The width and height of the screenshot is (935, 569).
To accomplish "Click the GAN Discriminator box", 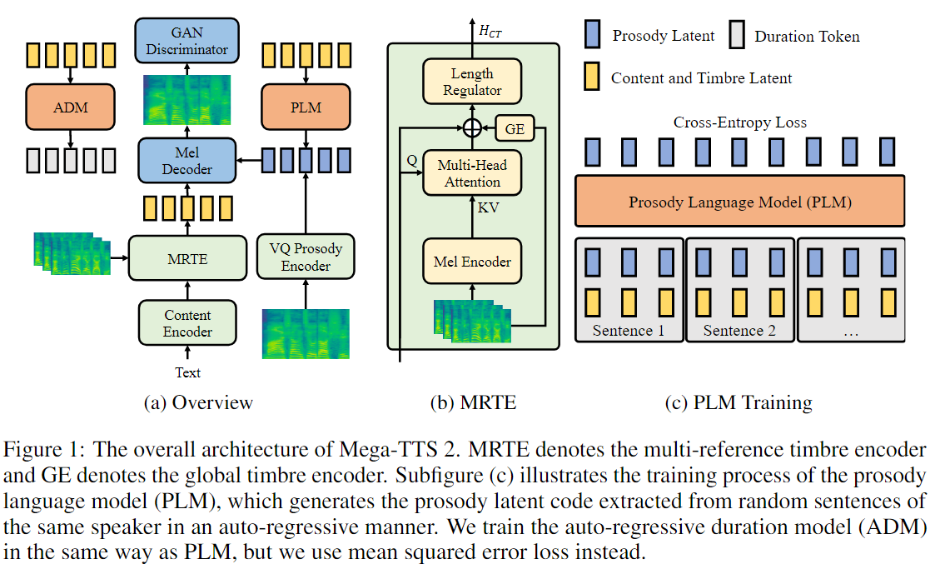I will (x=187, y=41).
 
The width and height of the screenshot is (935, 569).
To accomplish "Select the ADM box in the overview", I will (x=69, y=108).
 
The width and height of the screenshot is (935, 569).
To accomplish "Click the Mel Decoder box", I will (x=187, y=161).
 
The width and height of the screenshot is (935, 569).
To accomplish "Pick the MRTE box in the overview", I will (x=187, y=259).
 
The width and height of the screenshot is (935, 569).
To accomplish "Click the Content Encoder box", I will (x=187, y=324).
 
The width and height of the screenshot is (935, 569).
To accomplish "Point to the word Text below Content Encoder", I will (x=187, y=372).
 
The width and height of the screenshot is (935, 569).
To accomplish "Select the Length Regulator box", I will (x=472, y=82).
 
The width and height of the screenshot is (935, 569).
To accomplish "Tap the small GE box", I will (x=515, y=129).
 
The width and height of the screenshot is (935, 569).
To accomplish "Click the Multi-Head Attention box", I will (x=472, y=173).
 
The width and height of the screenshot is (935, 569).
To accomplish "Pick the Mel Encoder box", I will (x=472, y=262).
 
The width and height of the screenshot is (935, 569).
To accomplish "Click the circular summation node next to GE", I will (x=472, y=129).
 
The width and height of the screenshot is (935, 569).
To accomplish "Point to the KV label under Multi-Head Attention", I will (x=488, y=207).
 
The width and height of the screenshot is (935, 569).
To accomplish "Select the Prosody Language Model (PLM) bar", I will (x=739, y=202).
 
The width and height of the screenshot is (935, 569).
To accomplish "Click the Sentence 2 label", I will (x=739, y=331).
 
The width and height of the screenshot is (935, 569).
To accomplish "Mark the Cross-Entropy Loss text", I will (x=739, y=122).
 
